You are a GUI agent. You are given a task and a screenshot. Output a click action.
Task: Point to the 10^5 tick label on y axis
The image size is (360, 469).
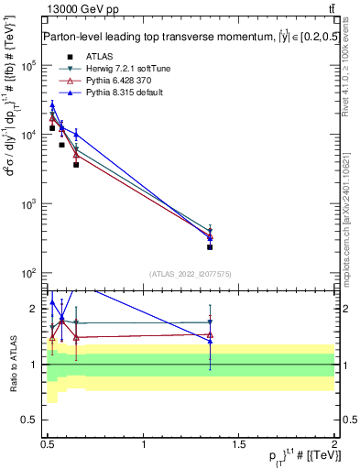[x=29, y=66]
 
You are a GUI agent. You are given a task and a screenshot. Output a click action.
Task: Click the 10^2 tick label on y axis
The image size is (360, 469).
[x=29, y=273]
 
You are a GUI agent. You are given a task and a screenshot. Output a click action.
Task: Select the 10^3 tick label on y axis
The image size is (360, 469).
[x=29, y=204]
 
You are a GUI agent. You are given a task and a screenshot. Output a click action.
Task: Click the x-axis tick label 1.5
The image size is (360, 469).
[x=239, y=444]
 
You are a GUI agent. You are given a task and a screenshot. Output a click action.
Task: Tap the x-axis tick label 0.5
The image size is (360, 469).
[x=48, y=444]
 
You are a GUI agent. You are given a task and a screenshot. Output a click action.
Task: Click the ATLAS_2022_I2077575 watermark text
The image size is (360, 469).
[x=191, y=274]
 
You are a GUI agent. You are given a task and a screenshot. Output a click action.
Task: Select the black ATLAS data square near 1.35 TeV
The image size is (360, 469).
[x=210, y=246]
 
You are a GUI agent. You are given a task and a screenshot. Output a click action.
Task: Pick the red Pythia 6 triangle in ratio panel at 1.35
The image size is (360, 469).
[x=210, y=335]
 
